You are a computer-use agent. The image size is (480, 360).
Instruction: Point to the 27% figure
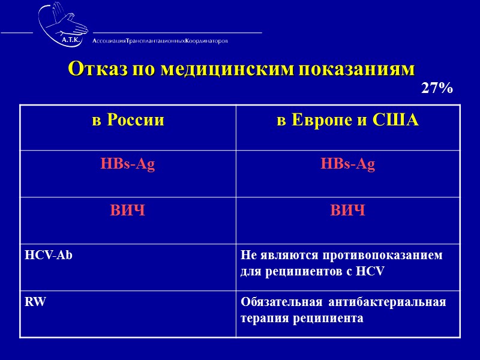pos(436,89)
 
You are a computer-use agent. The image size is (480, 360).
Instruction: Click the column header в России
pos(128,120)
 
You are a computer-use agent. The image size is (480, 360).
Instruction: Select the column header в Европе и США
pos(347,120)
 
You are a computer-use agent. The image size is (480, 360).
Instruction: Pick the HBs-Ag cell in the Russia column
pos(128,165)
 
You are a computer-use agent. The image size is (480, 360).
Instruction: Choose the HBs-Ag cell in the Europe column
pos(347,165)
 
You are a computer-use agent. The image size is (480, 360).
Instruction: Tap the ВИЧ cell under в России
pos(128,211)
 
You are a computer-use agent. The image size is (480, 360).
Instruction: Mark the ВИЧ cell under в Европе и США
pos(347,211)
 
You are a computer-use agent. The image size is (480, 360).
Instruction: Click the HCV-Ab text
pos(49,255)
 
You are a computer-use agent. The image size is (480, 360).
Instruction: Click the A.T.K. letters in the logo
pos(73,40)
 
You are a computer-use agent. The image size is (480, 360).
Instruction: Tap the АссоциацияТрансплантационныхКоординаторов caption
pos(160,41)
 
